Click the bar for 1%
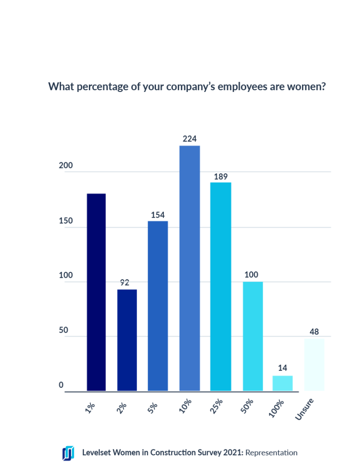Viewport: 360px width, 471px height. (x=96, y=292)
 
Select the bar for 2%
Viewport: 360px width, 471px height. (x=127, y=340)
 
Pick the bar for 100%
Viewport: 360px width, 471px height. (x=282, y=383)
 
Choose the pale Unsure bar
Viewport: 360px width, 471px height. (x=314, y=364)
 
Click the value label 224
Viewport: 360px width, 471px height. (x=190, y=138)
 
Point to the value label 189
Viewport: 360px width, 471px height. (x=221, y=176)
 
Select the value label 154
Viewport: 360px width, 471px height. (x=157, y=214)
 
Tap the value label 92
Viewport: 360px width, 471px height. (x=124, y=282)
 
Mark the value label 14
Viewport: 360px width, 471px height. (x=282, y=368)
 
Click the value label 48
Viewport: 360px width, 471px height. (x=314, y=331)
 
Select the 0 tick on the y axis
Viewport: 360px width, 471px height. (x=61, y=385)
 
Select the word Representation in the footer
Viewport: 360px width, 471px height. (x=271, y=453)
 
